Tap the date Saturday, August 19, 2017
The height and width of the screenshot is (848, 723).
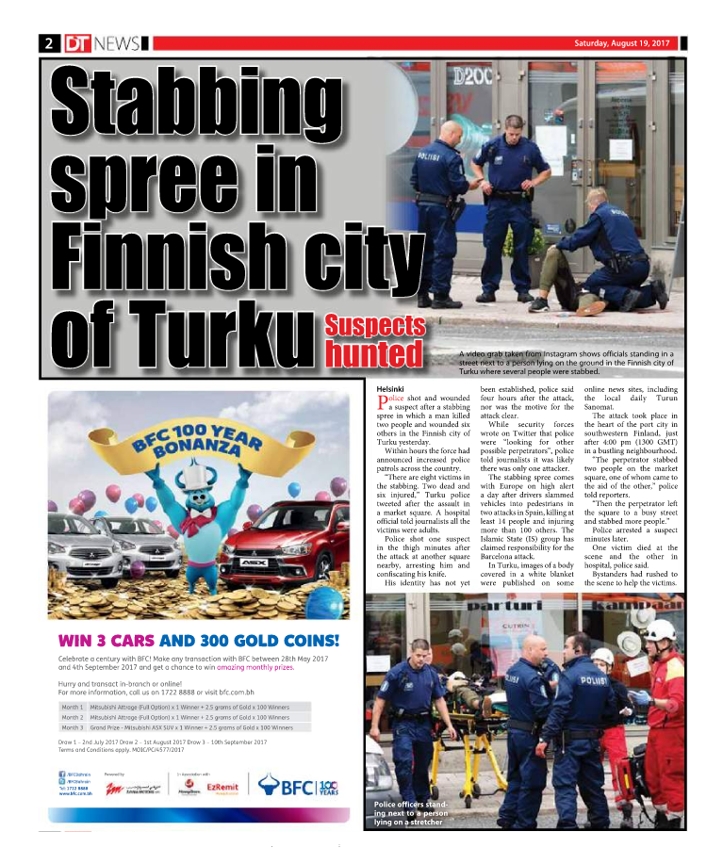pyautogui.click(x=622, y=43)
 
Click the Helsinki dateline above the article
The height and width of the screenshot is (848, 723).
pyautogui.click(x=390, y=388)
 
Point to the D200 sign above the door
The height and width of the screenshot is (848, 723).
pyautogui.click(x=471, y=73)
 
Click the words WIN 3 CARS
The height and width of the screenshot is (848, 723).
pyautogui.click(x=106, y=642)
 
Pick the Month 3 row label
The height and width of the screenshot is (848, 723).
pyautogui.click(x=73, y=727)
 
